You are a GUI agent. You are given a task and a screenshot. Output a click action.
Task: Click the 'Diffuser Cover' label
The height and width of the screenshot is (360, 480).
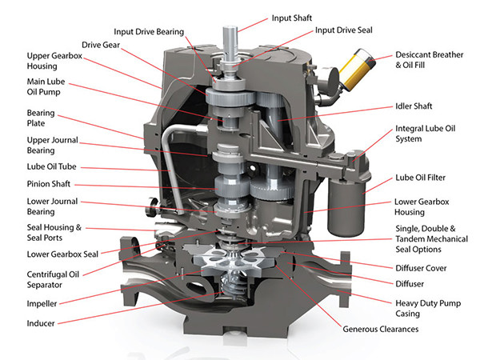[x=426, y=268]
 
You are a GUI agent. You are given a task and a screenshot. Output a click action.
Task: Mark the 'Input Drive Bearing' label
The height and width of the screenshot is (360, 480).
[x=148, y=31]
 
